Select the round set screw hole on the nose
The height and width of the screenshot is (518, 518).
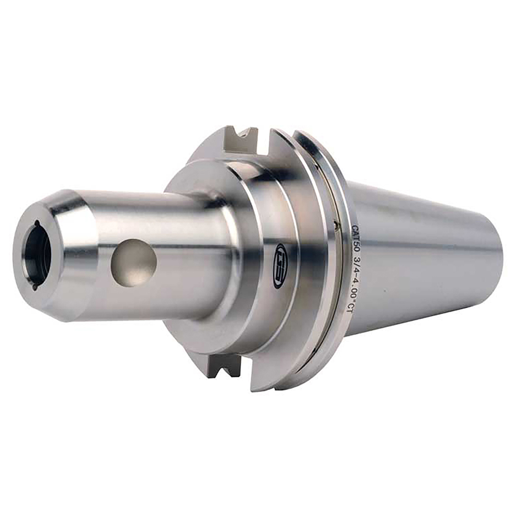(134, 263)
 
